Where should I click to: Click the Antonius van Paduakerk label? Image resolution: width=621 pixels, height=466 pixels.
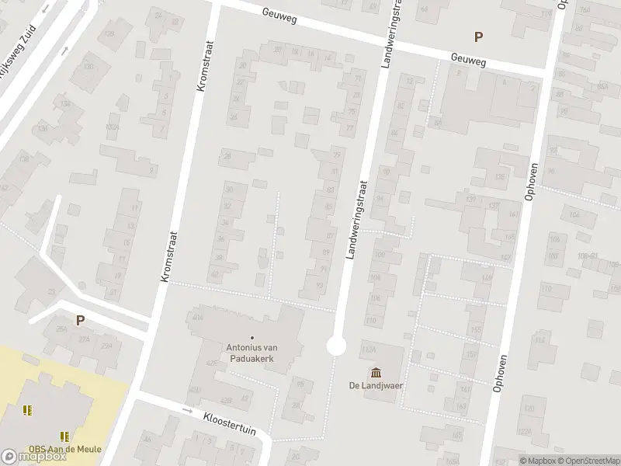click(x=253, y=353)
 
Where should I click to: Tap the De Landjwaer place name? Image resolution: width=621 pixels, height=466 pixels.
click(x=376, y=385)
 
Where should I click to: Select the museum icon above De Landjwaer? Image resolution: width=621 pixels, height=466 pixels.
click(x=376, y=370)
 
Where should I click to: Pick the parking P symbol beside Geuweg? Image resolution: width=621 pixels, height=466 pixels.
click(x=478, y=36)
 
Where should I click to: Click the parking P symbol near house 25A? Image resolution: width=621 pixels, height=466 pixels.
click(x=79, y=319)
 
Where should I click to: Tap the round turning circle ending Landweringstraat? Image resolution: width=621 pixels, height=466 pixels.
click(x=336, y=346)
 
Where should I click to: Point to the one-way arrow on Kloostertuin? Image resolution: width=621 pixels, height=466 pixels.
click(x=187, y=409)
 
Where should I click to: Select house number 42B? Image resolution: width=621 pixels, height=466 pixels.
click(x=226, y=400)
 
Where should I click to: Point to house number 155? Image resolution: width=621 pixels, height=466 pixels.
click(x=475, y=330)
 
